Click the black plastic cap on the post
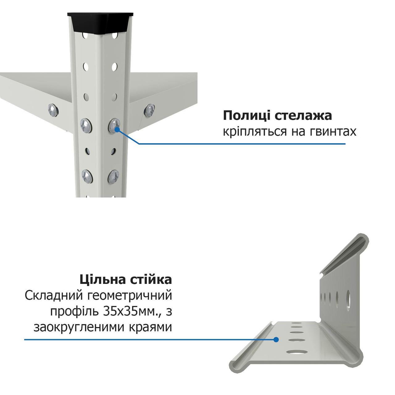[100, 23]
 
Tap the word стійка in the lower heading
[149, 280]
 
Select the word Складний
[54, 296]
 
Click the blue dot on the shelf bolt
[117, 129]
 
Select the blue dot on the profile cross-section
[276, 340]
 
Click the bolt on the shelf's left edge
[53, 110]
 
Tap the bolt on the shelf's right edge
[149, 111]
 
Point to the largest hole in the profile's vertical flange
[348, 303]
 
